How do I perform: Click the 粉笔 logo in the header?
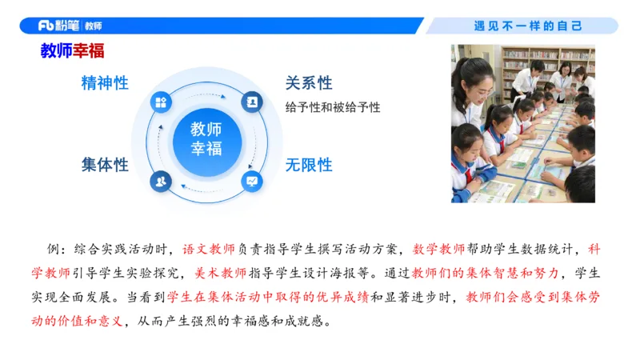(59, 26)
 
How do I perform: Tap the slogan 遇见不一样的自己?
(528, 26)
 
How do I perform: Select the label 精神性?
(105, 83)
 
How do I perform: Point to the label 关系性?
(309, 83)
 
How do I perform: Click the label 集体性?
(105, 165)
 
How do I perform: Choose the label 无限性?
(309, 165)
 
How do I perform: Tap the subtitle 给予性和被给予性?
(333, 106)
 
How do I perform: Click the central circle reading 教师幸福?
(206, 138)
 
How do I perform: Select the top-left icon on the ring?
(162, 102)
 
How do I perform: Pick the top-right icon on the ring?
(251, 102)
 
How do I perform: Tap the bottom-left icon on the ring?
(162, 181)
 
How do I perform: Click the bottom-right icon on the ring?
(251, 181)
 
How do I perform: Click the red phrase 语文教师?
(210, 248)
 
